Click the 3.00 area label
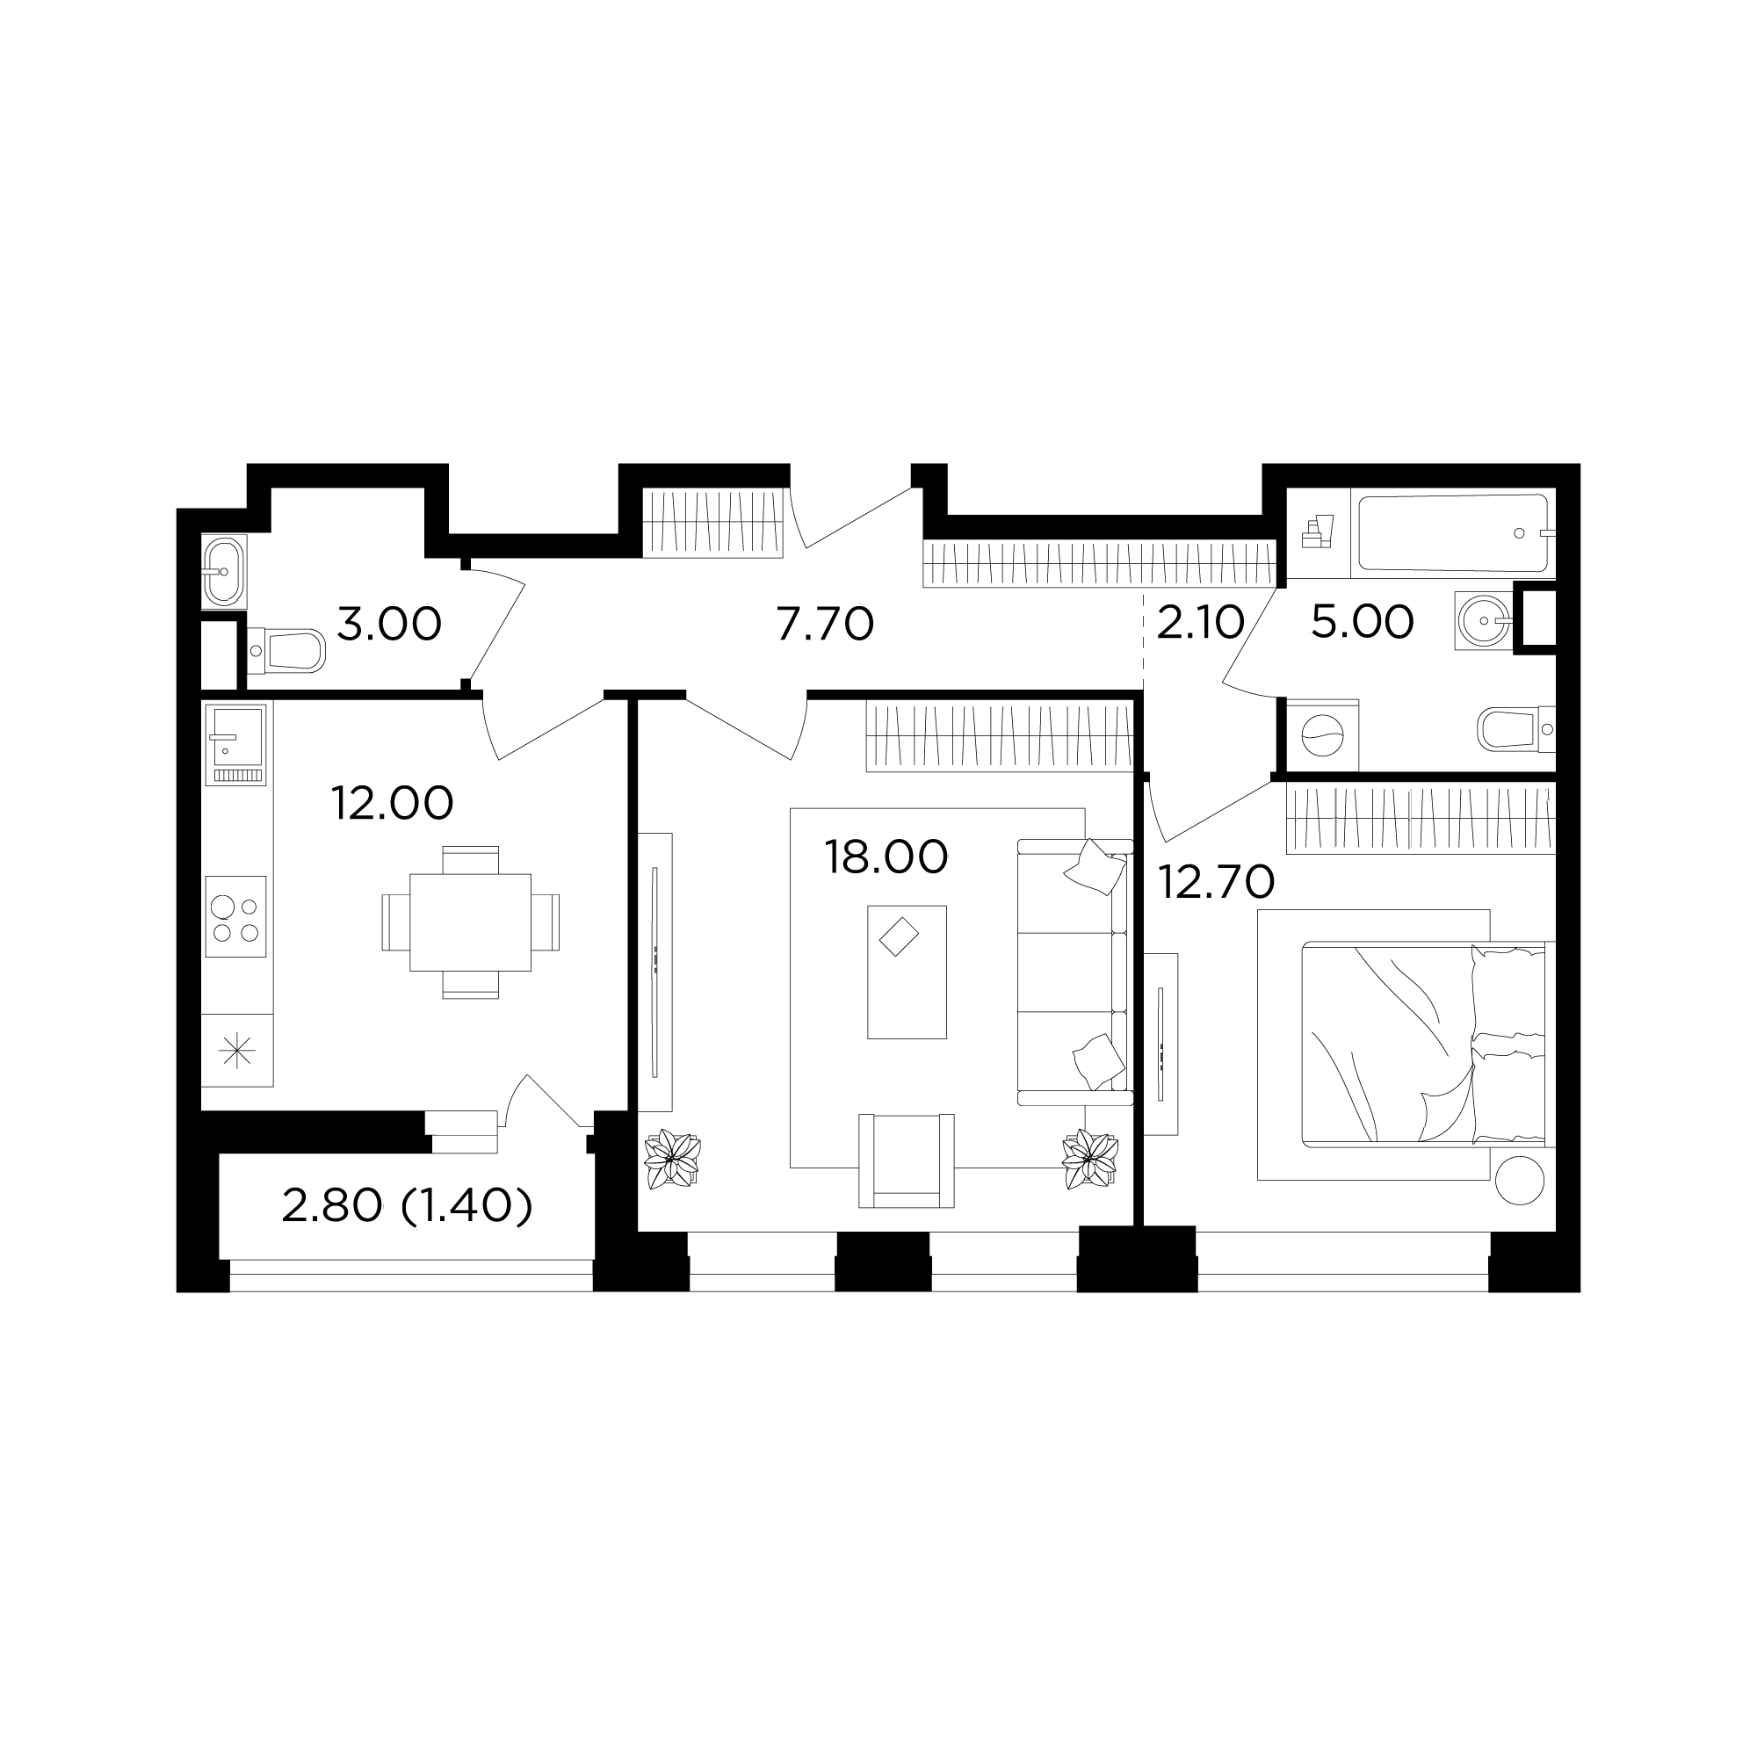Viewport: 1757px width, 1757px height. pyautogui.click(x=389, y=625)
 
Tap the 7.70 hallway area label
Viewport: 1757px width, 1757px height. pyautogui.click(x=825, y=625)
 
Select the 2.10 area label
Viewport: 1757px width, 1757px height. pyautogui.click(x=1200, y=623)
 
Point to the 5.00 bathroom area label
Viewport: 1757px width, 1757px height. pyautogui.click(x=1363, y=622)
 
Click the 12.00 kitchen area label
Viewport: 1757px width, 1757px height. pyautogui.click(x=392, y=803)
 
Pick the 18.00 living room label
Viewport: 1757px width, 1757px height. pyautogui.click(x=886, y=857)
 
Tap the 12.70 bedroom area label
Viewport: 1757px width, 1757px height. pyautogui.click(x=1216, y=881)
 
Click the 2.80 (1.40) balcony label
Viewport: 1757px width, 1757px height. pyautogui.click(x=407, y=1207)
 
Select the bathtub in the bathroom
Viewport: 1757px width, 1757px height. pyautogui.click(x=1453, y=533)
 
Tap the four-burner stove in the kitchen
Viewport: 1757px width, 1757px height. pyautogui.click(x=235, y=916)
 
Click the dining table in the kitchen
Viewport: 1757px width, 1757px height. pyautogui.click(x=470, y=922)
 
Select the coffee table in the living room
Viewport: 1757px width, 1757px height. pyautogui.click(x=907, y=972)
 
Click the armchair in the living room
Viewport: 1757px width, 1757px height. pyautogui.click(x=907, y=1160)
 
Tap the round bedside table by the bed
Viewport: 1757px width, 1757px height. pyautogui.click(x=1519, y=1179)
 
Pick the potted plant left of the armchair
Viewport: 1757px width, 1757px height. pyautogui.click(x=672, y=1159)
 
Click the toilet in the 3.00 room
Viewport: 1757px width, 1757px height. pyautogui.click(x=285, y=651)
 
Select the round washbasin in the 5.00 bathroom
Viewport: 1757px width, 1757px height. pyautogui.click(x=1483, y=620)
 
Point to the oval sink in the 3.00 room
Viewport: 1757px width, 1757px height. pyautogui.click(x=224, y=571)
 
